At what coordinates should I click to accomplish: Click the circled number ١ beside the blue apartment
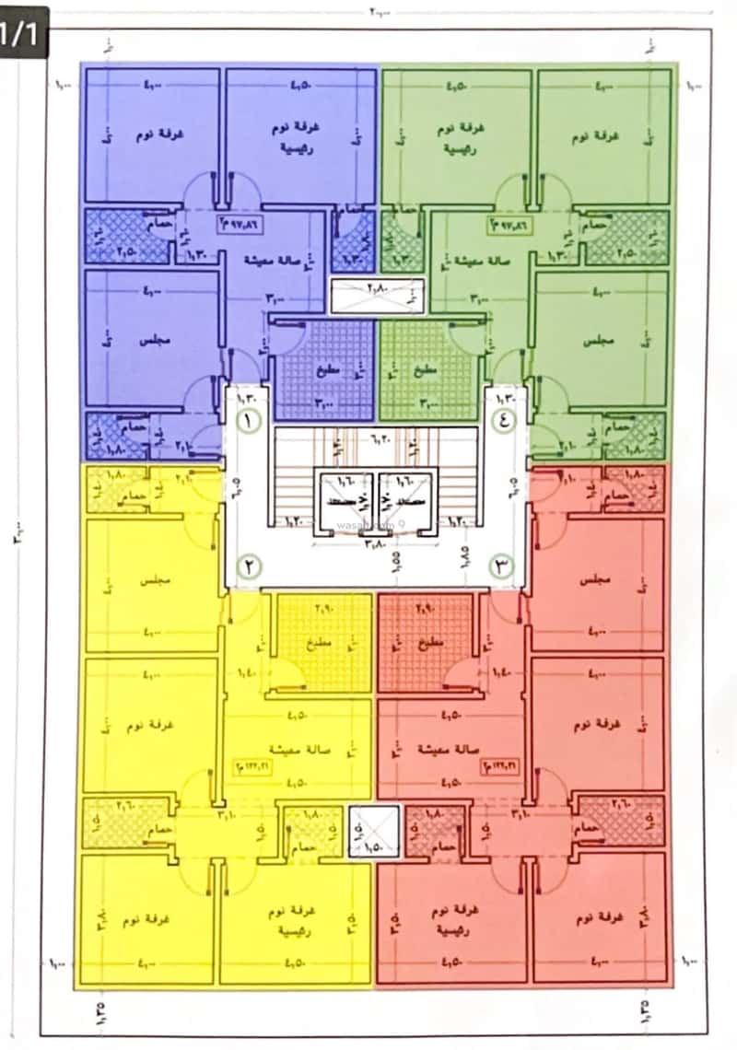248,421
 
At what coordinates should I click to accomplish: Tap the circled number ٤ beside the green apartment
504,421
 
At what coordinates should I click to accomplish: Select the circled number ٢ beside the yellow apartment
248,566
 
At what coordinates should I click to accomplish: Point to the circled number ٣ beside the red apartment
503,566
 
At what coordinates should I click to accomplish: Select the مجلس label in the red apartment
599,582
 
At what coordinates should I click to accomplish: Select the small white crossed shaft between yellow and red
375,832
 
